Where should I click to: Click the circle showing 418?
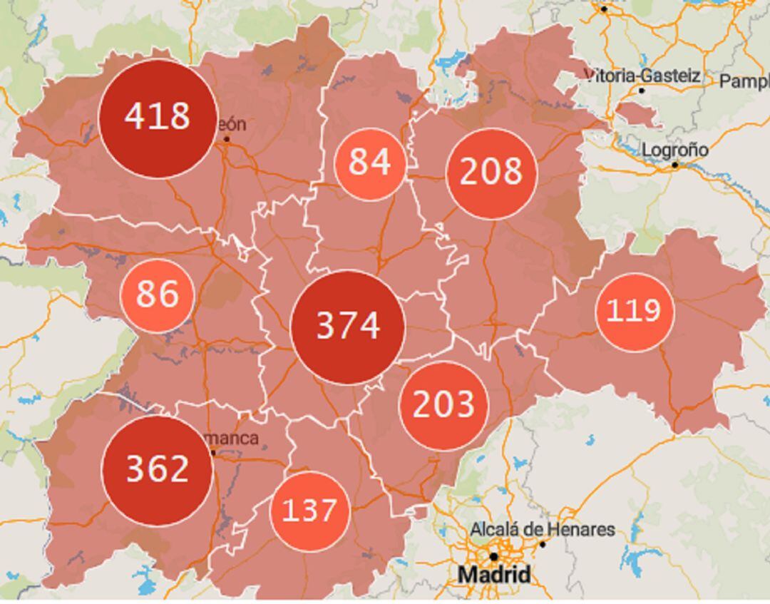(158, 118)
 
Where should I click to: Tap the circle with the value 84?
(370, 163)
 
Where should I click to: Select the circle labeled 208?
(491, 173)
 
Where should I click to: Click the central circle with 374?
(348, 327)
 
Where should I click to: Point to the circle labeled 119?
(634, 312)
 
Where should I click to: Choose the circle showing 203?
(443, 405)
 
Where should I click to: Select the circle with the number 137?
(309, 511)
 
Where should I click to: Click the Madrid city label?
(494, 575)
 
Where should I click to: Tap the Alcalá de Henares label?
(542, 530)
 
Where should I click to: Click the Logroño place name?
(674, 150)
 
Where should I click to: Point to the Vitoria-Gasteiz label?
(642, 76)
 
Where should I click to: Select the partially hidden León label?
(232, 124)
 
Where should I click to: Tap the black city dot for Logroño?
(674, 165)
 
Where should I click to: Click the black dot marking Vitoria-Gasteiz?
(642, 91)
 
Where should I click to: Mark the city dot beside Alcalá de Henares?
(542, 544)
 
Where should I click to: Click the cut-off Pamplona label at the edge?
(744, 81)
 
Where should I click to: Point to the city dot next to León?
(227, 138)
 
